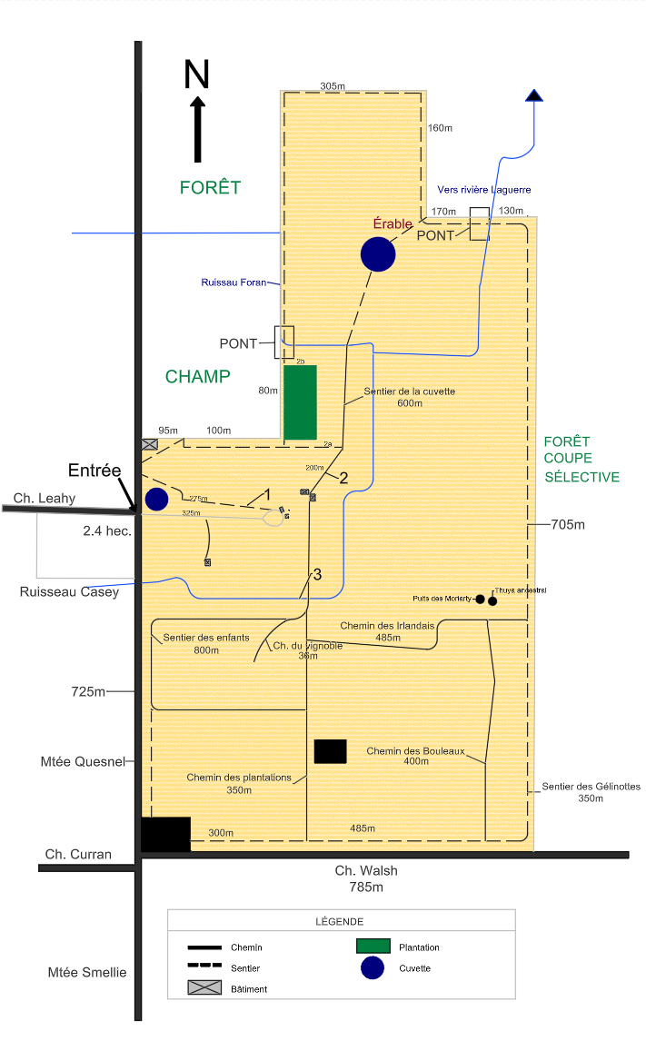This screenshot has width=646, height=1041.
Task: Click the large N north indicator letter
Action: (197, 74)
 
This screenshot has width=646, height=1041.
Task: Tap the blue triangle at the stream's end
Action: (534, 94)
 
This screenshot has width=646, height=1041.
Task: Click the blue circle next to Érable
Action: (378, 254)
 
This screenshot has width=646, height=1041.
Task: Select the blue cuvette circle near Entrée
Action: (157, 499)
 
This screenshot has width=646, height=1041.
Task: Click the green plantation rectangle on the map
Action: (300, 402)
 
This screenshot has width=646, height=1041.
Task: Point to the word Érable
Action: (393, 223)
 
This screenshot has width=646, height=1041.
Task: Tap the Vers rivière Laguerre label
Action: (484, 190)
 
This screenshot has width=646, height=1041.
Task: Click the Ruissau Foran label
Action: (234, 283)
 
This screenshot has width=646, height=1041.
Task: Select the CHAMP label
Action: (198, 377)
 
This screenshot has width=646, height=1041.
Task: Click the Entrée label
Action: (95, 471)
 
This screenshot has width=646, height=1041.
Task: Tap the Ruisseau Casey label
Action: (69, 592)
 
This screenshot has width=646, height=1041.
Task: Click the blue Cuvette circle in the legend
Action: (373, 968)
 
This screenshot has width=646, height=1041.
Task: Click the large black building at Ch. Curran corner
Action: (165, 834)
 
